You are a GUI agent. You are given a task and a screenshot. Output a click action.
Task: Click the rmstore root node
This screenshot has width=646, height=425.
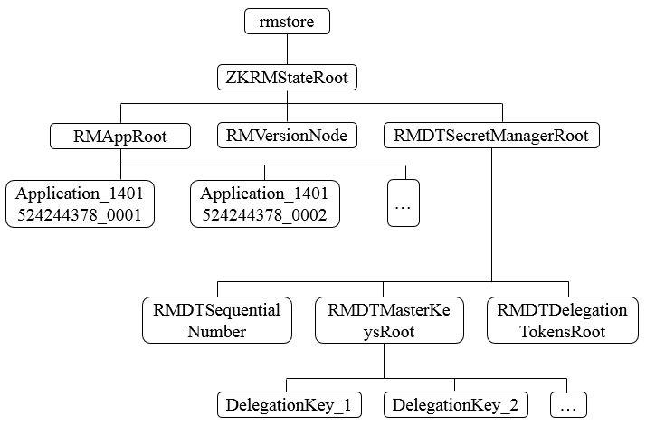(x=287, y=21)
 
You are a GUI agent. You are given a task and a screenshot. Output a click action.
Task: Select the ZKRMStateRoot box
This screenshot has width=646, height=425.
(x=287, y=78)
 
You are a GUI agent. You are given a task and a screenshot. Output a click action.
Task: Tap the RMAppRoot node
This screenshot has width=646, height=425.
(x=120, y=136)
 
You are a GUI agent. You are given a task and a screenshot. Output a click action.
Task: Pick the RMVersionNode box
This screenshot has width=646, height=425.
(x=287, y=136)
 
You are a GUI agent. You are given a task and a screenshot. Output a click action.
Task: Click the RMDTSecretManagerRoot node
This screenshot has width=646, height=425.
(x=491, y=136)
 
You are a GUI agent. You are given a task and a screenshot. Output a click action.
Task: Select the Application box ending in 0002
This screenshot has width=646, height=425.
(x=265, y=203)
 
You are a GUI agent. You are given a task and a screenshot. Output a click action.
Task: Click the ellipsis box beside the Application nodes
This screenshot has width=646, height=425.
(x=404, y=203)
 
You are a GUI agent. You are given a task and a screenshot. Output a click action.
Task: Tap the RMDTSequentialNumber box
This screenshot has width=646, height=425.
(x=216, y=320)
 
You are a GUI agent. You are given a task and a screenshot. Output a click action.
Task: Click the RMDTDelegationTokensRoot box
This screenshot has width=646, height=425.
(x=562, y=320)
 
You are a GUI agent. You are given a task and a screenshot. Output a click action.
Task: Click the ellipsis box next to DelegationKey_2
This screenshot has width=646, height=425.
(x=568, y=404)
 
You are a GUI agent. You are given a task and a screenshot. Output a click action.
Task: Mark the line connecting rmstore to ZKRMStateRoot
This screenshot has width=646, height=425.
(x=287, y=49)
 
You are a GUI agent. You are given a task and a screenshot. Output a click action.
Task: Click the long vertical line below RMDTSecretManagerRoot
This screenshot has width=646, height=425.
(x=491, y=217)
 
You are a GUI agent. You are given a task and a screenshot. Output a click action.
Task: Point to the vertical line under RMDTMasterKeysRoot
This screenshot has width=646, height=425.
(x=383, y=360)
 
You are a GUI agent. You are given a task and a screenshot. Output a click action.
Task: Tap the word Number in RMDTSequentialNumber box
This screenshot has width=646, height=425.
(x=216, y=331)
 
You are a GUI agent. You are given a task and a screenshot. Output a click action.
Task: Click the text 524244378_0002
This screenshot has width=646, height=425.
(x=265, y=215)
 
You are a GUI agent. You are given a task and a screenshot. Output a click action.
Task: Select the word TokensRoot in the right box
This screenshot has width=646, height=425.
(x=562, y=331)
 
